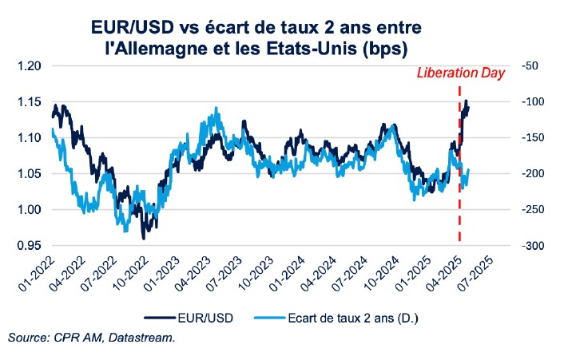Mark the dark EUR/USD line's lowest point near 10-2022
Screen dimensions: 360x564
tap(144, 238)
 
